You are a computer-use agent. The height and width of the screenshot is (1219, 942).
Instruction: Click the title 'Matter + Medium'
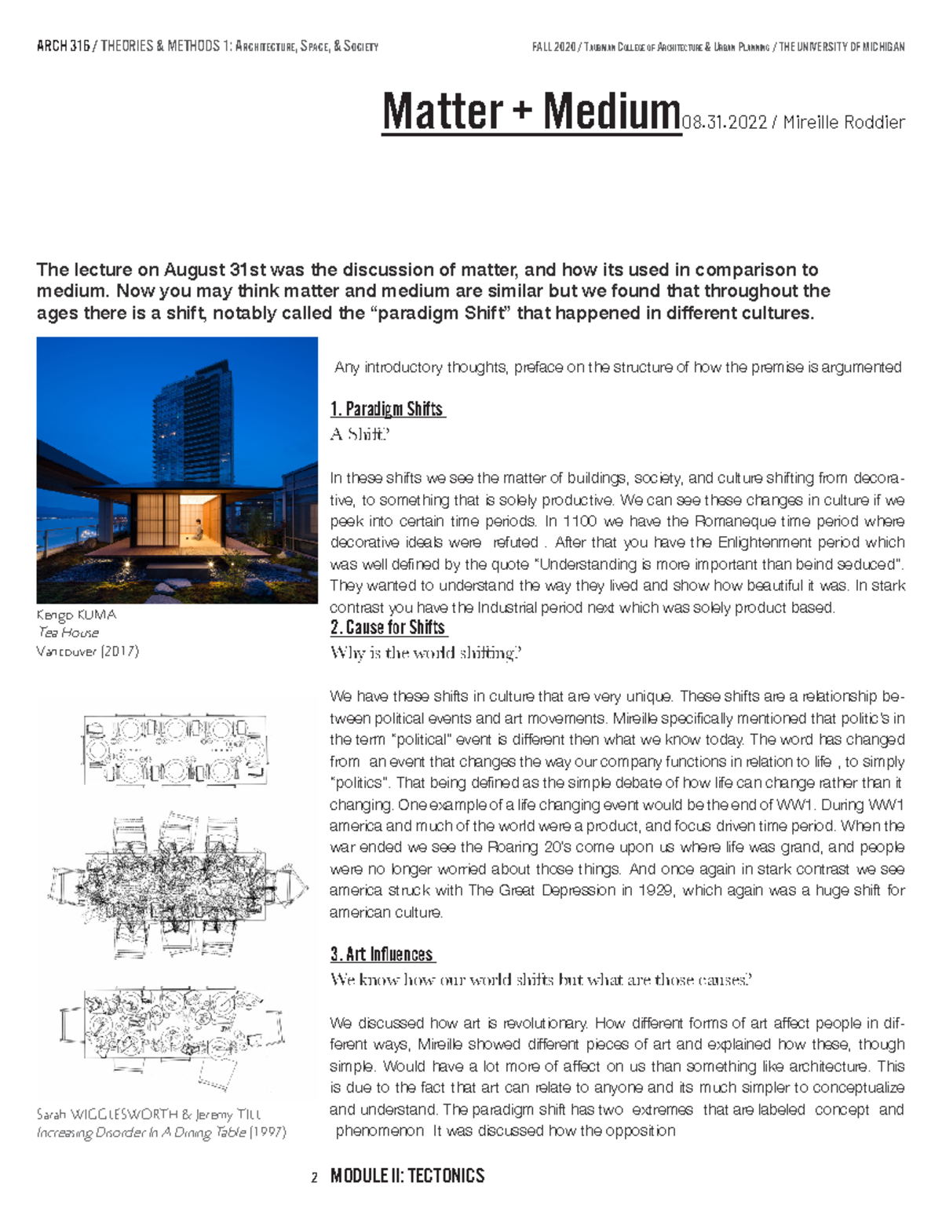coord(531,112)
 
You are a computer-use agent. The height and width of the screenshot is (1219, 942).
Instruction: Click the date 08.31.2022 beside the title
coord(725,122)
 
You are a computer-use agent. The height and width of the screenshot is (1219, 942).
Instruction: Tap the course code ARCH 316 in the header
coord(63,46)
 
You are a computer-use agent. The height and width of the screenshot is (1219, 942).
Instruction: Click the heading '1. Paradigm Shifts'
coord(388,409)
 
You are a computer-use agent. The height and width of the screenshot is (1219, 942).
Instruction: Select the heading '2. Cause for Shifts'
coord(389,627)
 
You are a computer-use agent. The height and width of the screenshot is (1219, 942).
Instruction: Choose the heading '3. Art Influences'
coord(382,954)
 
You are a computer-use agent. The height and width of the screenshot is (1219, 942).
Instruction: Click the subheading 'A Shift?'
coord(360,434)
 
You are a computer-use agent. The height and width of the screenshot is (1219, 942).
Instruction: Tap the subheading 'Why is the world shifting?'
coord(425,652)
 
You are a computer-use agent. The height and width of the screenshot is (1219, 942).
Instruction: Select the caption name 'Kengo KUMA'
coord(76,615)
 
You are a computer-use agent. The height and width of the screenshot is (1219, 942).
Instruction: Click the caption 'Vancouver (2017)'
coord(87,651)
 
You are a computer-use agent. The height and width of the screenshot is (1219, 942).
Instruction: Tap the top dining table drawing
coord(174,750)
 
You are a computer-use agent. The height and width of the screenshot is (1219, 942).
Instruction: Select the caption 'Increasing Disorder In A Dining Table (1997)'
coord(161,1133)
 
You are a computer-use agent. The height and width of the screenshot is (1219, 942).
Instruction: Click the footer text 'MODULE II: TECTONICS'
coord(407,1176)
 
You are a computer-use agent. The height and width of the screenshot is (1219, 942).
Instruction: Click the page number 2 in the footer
coord(314,1177)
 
